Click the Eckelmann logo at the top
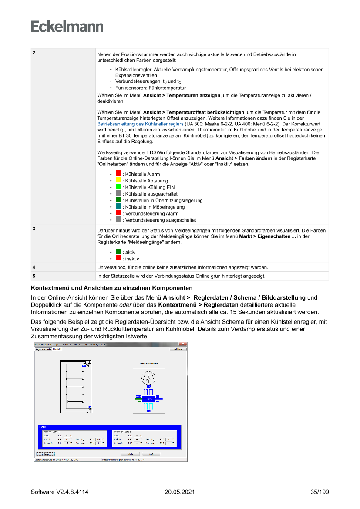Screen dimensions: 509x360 click(x=67, y=27)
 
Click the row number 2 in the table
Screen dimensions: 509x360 click(x=34, y=53)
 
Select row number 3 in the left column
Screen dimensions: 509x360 click(x=34, y=228)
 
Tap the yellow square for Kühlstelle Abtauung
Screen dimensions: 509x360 click(x=119, y=180)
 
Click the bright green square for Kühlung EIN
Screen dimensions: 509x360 click(x=119, y=186)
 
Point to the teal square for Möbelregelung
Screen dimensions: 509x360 click(x=119, y=206)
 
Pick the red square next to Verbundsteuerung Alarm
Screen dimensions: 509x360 click(x=119, y=213)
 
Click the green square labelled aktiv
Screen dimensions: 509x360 click(x=119, y=252)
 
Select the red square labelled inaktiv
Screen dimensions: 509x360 click(x=119, y=258)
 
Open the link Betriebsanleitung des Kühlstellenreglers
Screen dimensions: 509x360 click(x=141, y=124)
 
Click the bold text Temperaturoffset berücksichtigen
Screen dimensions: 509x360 click(x=194, y=112)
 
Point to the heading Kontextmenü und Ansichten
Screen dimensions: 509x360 click(x=111, y=288)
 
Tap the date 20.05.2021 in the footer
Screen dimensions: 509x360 click(x=179, y=492)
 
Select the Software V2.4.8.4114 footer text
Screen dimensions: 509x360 click(x=60, y=492)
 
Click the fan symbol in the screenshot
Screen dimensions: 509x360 click(x=148, y=377)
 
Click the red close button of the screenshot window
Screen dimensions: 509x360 click(x=185, y=344)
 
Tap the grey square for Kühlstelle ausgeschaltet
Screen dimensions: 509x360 click(x=119, y=193)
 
